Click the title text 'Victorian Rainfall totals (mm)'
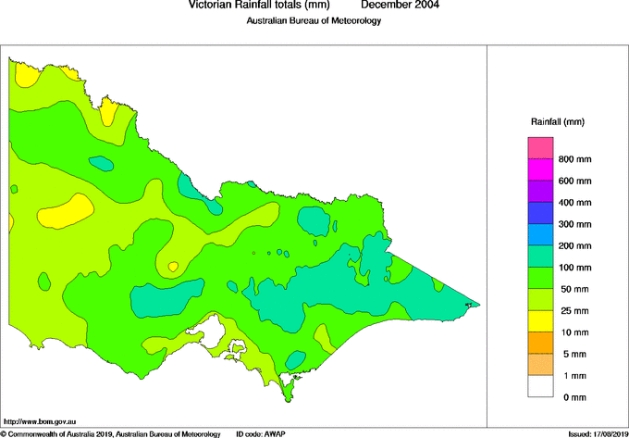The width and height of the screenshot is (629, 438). [258, 6]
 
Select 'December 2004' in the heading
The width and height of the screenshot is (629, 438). [400, 6]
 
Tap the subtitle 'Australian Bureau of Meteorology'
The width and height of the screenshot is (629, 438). [314, 21]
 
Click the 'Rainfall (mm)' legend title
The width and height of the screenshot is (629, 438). [558, 121]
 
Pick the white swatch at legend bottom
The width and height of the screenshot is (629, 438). [540, 386]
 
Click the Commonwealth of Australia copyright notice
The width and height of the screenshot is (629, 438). [111, 433]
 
